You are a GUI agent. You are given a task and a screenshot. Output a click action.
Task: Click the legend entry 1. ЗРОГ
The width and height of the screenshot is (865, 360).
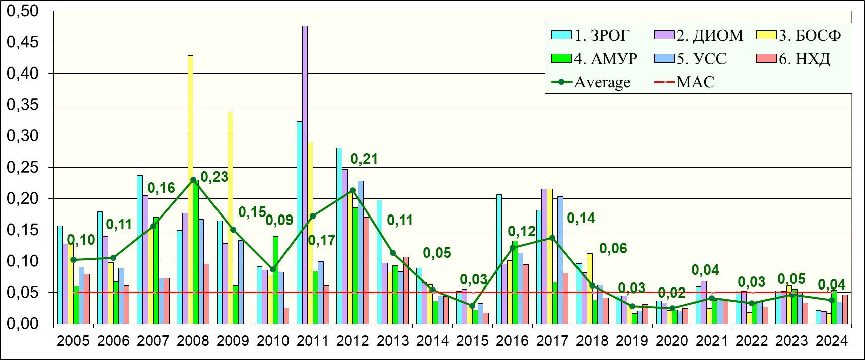click(x=591, y=35)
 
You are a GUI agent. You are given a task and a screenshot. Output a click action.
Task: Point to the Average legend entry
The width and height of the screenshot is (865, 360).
click(x=592, y=82)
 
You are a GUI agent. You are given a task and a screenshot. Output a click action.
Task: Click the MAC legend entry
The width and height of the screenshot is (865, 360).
click(x=685, y=82)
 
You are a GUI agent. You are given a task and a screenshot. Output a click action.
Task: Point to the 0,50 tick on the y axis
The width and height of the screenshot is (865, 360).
click(x=22, y=11)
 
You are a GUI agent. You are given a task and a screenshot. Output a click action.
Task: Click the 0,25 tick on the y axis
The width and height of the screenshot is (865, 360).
click(x=22, y=167)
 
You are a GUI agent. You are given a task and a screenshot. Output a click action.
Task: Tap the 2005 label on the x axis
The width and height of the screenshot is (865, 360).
click(x=73, y=341)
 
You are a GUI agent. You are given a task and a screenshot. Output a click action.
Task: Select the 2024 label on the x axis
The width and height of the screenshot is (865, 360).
click(x=831, y=341)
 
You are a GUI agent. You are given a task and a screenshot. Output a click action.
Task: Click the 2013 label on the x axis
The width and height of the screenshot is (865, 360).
click(x=393, y=341)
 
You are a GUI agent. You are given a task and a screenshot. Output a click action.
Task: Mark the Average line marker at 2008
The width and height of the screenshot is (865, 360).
click(x=193, y=180)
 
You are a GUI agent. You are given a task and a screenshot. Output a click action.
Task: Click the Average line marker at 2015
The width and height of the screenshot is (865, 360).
click(x=472, y=306)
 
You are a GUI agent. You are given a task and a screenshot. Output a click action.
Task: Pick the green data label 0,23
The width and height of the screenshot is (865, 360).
click(x=214, y=177)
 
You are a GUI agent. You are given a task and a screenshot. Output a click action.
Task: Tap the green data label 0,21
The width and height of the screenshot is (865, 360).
click(x=364, y=159)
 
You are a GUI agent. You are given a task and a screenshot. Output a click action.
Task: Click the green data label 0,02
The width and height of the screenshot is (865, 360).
click(x=672, y=293)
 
